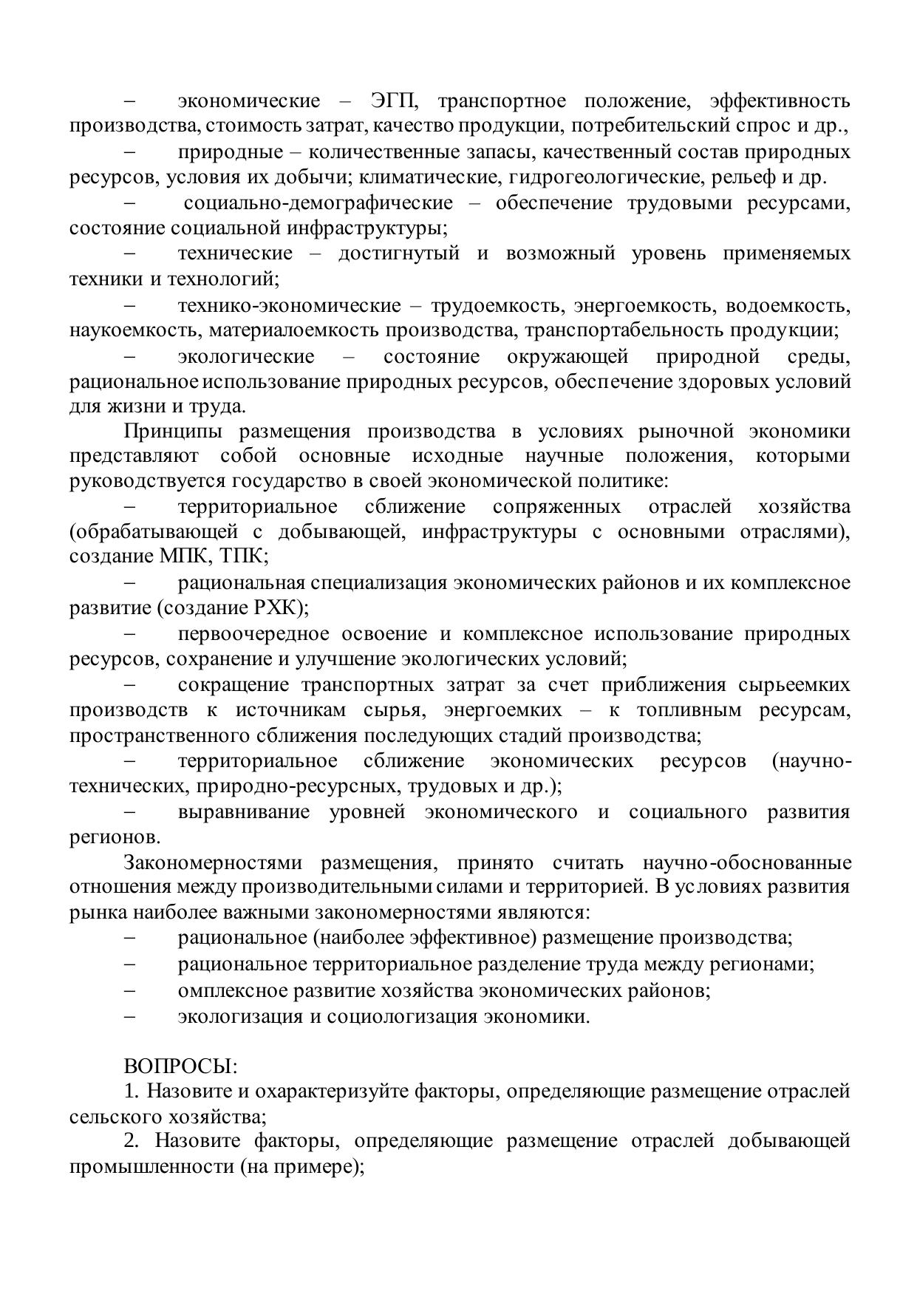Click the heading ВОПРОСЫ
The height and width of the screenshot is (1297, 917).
point(180,1066)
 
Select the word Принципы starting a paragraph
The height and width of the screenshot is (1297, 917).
point(171,431)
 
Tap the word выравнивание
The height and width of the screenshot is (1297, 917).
point(243,812)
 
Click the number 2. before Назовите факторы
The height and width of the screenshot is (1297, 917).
point(132,1140)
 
